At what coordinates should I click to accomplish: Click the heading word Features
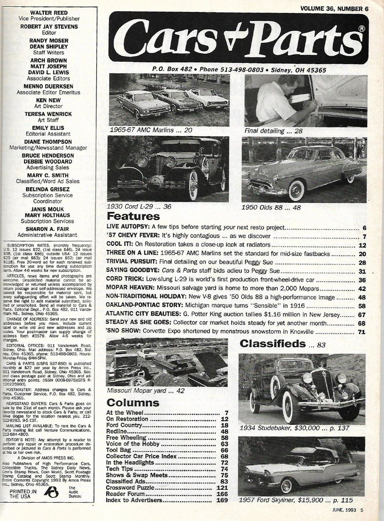133,217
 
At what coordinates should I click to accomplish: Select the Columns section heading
133,402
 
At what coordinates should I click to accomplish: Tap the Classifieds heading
273,343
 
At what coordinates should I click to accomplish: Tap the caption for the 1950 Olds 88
271,207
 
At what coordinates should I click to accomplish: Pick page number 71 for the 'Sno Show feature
362,332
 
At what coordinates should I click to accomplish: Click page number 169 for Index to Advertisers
222,500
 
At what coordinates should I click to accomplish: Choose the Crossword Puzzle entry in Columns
129,488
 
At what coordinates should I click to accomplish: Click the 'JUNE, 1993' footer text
344,510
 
